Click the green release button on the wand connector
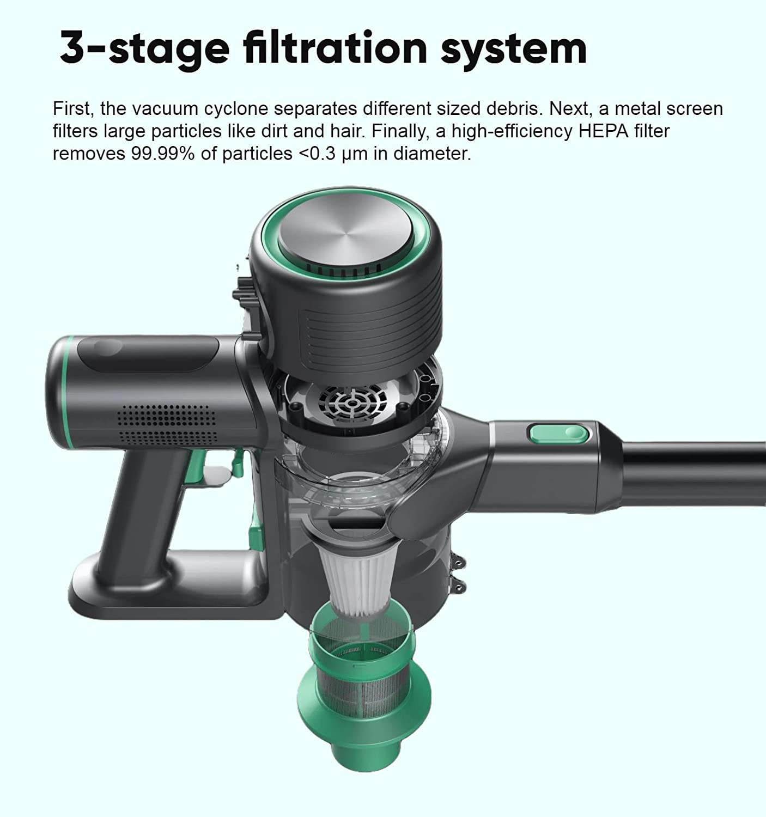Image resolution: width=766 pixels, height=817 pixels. point(558,434)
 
